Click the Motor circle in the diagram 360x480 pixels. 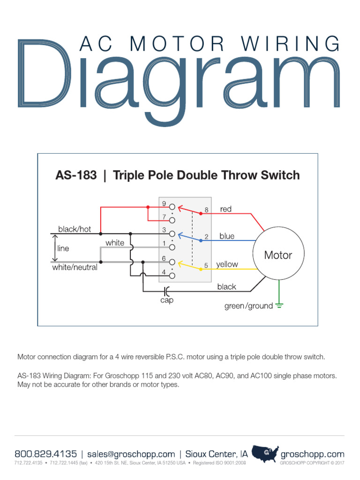[278, 255]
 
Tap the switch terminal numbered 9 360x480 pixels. [172, 207]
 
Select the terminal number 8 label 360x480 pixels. [206, 210]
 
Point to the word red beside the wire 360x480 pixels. [226, 209]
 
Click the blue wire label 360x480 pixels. [227, 236]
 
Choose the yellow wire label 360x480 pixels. [227, 264]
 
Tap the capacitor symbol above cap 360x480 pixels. [166, 292]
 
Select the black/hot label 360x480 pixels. [75, 229]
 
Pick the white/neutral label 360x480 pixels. [75, 267]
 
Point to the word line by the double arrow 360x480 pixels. [63, 248]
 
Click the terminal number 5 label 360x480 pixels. [206, 266]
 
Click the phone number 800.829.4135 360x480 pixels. [46, 454]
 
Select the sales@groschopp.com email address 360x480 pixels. [131, 454]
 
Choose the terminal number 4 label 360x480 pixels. [164, 272]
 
